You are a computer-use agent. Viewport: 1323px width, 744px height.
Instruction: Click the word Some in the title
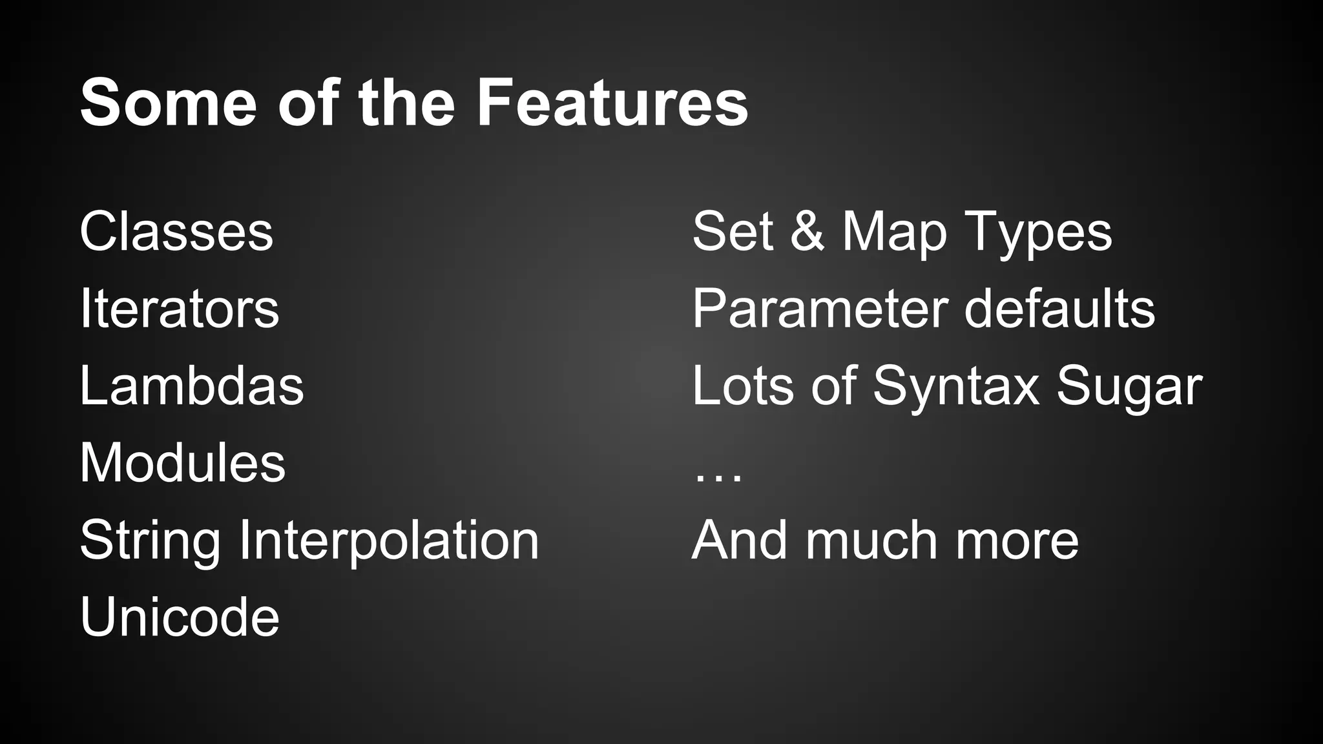pos(169,103)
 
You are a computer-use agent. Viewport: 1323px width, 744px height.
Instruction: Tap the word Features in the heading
pos(612,103)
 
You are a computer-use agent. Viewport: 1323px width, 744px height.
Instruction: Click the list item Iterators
pos(180,309)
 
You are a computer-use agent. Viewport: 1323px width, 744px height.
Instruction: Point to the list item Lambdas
pos(191,386)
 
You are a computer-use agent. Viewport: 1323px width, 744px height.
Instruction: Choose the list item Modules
pos(182,462)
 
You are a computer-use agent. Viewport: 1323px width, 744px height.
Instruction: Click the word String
pos(150,541)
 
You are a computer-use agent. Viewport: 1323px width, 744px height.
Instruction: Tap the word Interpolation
pos(388,541)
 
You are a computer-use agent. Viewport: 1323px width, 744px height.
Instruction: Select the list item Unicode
pos(180,617)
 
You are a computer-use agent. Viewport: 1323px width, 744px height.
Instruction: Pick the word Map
pos(894,232)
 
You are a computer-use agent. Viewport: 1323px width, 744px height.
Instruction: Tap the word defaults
pos(1059,309)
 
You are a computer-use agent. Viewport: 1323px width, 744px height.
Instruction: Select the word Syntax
pos(956,387)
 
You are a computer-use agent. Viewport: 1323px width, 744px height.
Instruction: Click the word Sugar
pos(1129,387)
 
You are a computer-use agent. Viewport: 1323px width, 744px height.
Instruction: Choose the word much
pos(871,540)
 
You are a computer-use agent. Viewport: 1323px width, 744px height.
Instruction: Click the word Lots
pos(744,386)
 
